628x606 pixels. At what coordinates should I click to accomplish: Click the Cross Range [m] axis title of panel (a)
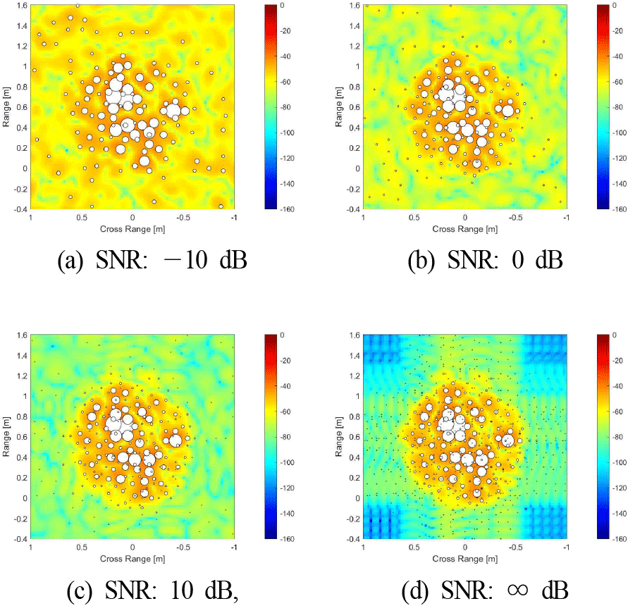click(x=133, y=229)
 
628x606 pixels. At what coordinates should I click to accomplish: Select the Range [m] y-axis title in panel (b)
click(x=340, y=107)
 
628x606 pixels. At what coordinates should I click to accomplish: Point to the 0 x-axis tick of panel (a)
click(x=133, y=219)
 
